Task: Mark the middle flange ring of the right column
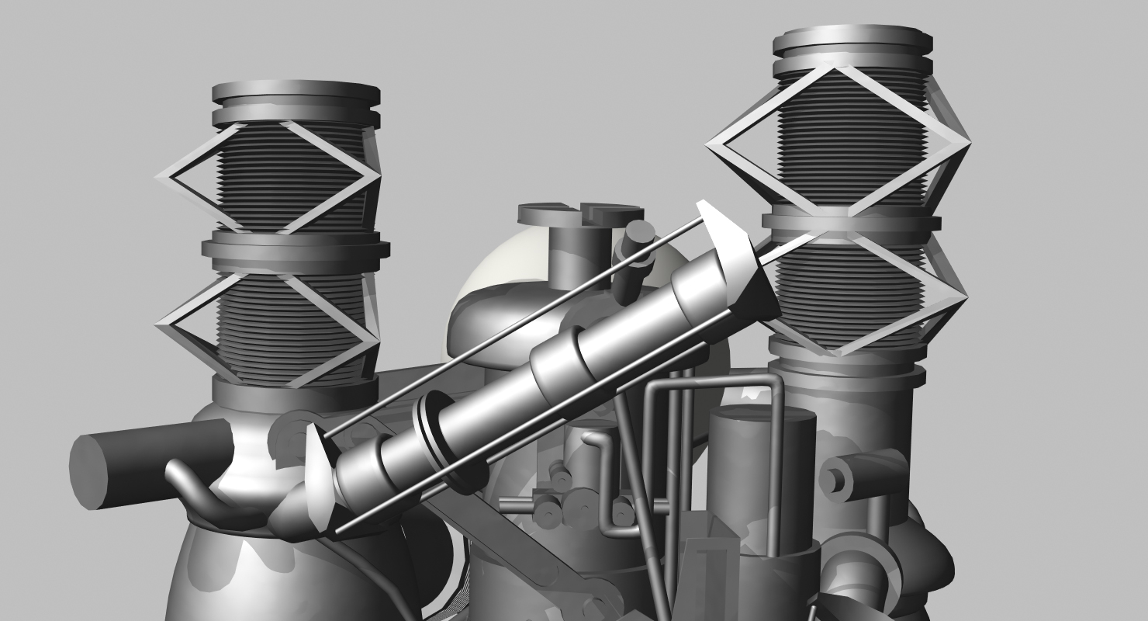[851, 221]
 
